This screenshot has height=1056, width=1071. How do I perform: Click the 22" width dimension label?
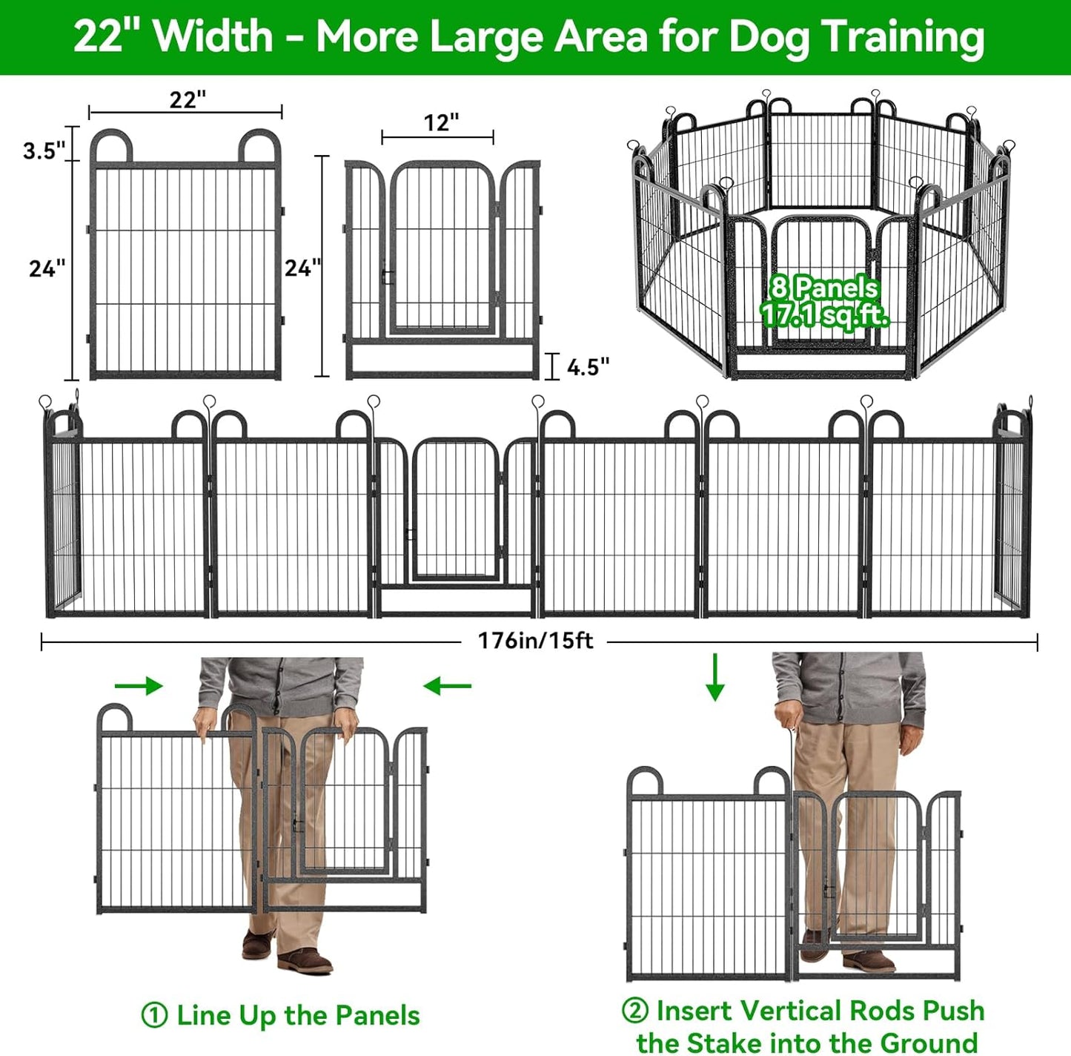188,99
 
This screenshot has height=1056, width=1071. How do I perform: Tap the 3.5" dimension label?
44,151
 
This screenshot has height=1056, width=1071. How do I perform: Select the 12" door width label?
441,122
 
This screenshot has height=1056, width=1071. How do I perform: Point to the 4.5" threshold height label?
588,366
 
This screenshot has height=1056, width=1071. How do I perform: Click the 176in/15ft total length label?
535,641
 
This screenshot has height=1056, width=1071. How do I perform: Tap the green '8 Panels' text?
823,288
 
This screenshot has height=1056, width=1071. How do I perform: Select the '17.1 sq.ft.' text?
824,315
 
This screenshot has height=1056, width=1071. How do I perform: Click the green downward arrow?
714,677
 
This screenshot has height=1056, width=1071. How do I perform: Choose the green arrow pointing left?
447,687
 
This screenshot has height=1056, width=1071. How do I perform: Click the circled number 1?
154,1015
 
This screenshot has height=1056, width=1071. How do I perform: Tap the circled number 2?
634,1010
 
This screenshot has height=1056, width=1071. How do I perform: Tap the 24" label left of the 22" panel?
47,268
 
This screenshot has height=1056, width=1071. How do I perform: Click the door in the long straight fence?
455,509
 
